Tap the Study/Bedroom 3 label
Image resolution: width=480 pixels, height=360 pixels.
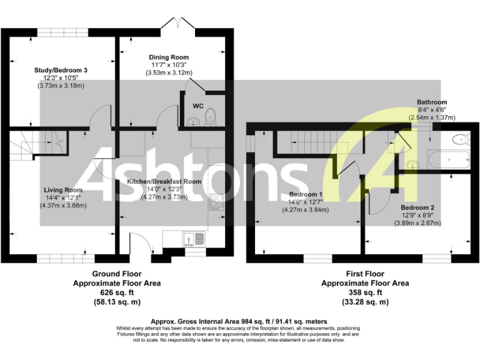(60, 70)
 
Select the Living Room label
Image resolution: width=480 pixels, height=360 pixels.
(63, 190)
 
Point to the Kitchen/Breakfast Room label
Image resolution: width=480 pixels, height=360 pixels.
(164, 181)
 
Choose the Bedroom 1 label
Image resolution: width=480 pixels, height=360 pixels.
(305, 194)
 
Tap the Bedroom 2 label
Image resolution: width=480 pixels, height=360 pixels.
(417, 207)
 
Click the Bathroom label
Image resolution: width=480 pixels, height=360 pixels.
(432, 102)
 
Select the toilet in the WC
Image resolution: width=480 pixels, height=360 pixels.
(211, 116)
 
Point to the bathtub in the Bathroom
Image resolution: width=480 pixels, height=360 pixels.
(447, 159)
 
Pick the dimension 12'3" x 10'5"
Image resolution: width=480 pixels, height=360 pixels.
(60, 78)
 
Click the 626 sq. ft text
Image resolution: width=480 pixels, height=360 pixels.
(117, 292)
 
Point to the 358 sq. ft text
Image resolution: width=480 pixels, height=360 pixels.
(365, 292)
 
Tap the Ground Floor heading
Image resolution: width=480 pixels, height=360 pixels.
(117, 274)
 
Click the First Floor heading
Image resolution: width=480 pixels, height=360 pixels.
(365, 274)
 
